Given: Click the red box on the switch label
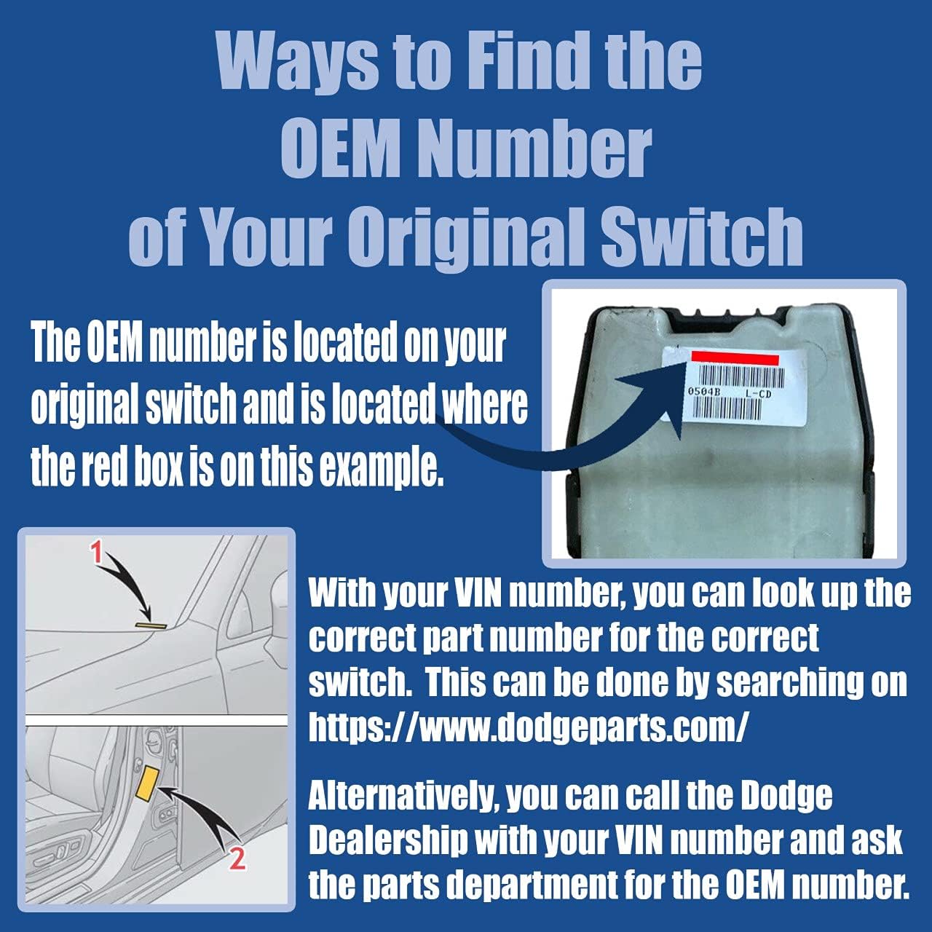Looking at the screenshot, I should pos(735,358).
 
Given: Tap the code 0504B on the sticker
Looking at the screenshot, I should pos(704,392).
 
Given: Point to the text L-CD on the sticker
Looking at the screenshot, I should pos(757,393).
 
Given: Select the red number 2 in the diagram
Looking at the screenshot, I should pos(237,859).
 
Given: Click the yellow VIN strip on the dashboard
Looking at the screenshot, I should pos(151,625).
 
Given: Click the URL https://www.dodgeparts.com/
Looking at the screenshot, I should pos(528,727).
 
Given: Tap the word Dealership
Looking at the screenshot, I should pos(387,841).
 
